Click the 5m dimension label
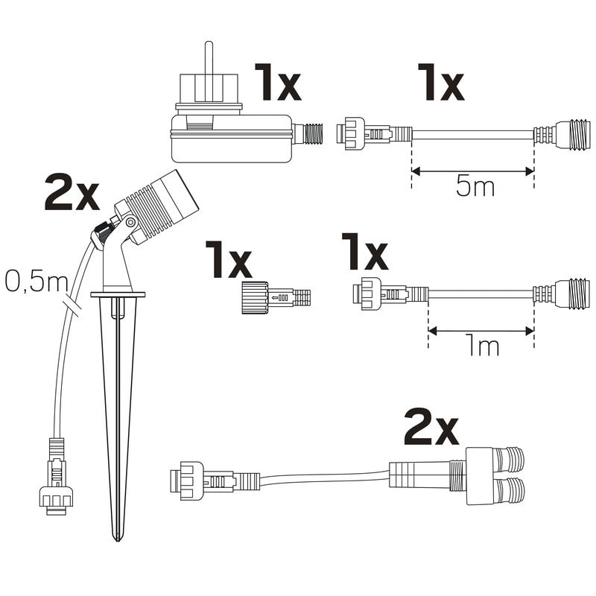[x=475, y=187]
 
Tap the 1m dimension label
[x=482, y=346]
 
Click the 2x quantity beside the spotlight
[x=72, y=193]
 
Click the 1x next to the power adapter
[x=278, y=82]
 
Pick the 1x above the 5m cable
[x=440, y=82]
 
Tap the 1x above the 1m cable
[x=364, y=252]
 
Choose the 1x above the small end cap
[x=229, y=259]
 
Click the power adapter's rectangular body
[x=231, y=139]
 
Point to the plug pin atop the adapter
[x=209, y=58]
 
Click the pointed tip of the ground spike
[x=118, y=540]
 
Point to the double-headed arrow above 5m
[x=473, y=171]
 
